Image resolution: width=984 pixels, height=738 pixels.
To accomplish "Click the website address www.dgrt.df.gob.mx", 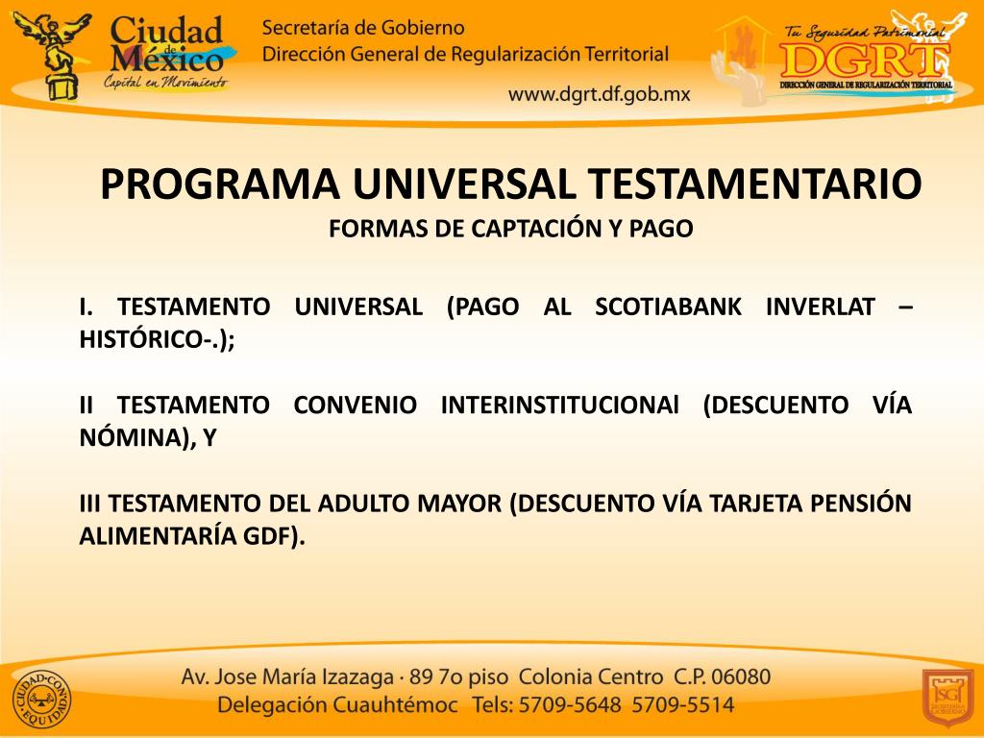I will click(599, 94).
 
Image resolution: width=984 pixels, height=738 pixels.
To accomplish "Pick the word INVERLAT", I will click(821, 307).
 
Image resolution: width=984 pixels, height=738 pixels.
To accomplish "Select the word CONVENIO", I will click(356, 406).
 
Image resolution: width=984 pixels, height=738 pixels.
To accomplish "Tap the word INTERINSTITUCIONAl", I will click(559, 406).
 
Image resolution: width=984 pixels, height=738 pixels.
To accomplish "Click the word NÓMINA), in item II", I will click(135, 438).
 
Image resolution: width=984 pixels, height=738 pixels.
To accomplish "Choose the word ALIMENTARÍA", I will click(154, 536).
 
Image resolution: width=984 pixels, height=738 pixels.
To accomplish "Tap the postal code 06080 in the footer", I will click(741, 676).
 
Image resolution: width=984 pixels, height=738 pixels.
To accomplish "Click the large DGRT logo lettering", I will click(863, 59).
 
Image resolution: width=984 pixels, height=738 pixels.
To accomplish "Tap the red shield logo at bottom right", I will click(947, 697).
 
